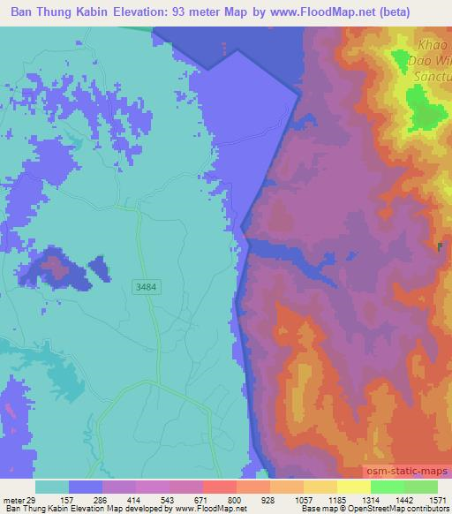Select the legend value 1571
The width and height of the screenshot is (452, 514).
437,500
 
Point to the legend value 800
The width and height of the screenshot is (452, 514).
235,500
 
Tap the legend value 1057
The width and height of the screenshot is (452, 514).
302,500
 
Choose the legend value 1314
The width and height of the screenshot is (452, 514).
370,500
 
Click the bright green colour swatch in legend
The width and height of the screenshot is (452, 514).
387,487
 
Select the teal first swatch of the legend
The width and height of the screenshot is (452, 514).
52,487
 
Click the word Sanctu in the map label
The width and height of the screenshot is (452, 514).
431,77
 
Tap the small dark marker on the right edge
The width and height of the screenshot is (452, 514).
441,247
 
